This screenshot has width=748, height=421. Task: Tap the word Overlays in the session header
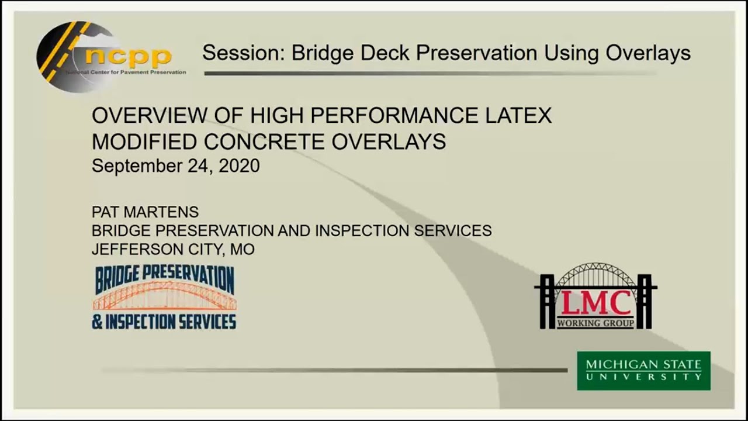(x=648, y=53)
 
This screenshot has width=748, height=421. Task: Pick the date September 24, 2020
(x=175, y=166)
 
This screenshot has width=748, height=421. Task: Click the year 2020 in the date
(x=239, y=166)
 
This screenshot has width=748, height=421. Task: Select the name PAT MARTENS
(x=145, y=212)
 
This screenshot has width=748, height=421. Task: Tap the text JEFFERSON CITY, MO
(x=173, y=249)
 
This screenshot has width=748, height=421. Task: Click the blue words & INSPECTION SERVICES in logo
(x=164, y=322)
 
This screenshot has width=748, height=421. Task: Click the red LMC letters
(x=595, y=303)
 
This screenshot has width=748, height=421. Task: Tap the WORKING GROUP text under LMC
(x=595, y=323)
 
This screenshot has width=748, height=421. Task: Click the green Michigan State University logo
(x=643, y=370)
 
